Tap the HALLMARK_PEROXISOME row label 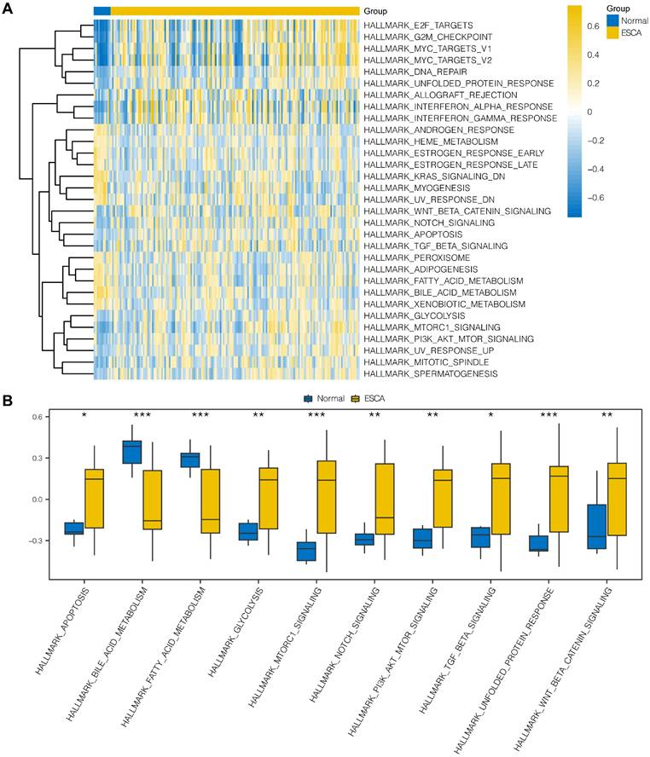point(404,257)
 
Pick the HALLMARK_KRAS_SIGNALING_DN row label point(421,176)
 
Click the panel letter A point(8,9)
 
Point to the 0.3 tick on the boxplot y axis point(36,458)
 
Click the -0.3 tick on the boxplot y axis point(36,540)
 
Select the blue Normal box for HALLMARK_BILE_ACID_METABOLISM point(131,451)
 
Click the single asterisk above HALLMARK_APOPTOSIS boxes point(84,415)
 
